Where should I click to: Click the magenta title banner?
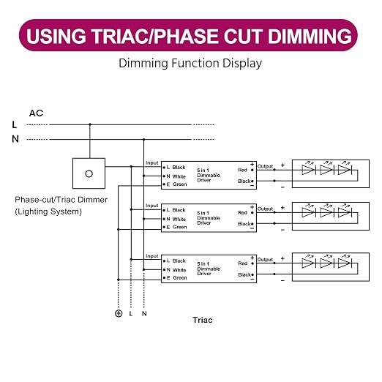tap(188, 35)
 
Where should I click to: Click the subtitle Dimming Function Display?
tap(190, 63)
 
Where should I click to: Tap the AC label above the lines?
tap(36, 113)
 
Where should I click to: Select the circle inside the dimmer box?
tap(89, 173)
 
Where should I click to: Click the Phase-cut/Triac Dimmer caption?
tap(61, 200)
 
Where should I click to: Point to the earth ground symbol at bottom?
tap(119, 313)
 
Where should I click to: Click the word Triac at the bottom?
tap(203, 320)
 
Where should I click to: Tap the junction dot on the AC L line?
tap(90, 124)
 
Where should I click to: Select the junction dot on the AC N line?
tap(144, 140)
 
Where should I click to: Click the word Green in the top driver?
tap(180, 184)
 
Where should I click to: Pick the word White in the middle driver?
tap(179, 219)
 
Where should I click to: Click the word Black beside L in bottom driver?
tap(179, 261)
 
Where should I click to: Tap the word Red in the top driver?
tap(242, 170)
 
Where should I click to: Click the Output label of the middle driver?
tap(265, 209)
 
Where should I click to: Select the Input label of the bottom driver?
tap(152, 256)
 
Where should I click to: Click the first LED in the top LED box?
tap(309, 170)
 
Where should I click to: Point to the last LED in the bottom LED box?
tap(345, 263)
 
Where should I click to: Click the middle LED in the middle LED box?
tap(326, 212)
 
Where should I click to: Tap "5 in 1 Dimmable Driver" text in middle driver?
tap(209, 218)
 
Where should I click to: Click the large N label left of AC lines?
tap(15, 139)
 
